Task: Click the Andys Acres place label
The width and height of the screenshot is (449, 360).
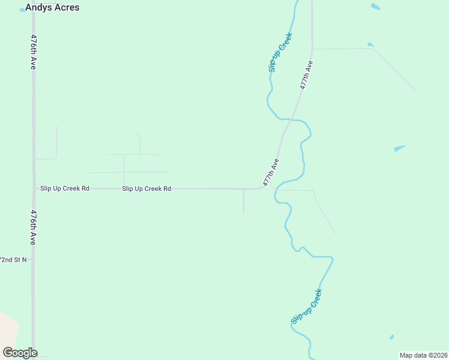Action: point(52,8)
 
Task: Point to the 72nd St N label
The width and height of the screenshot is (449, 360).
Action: point(13,260)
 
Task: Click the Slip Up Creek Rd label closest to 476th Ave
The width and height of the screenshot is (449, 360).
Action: point(65,188)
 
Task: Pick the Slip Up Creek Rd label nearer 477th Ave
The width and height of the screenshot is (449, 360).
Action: point(146,188)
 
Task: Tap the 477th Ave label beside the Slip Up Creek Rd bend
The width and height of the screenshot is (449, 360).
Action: point(271,172)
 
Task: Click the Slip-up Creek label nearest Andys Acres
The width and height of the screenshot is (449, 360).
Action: point(280,52)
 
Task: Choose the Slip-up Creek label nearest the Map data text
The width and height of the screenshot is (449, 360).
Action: point(307,307)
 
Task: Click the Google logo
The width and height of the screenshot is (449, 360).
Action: point(20,352)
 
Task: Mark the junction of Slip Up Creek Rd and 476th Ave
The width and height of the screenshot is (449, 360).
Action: point(34,188)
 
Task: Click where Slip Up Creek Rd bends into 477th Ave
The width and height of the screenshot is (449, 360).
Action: point(262,188)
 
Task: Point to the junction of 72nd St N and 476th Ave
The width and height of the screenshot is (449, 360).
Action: point(34,260)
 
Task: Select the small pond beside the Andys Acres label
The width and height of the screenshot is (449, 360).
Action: point(22,10)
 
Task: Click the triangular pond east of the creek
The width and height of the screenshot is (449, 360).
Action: point(399,148)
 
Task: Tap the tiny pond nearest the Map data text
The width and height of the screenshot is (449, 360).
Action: point(392,337)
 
